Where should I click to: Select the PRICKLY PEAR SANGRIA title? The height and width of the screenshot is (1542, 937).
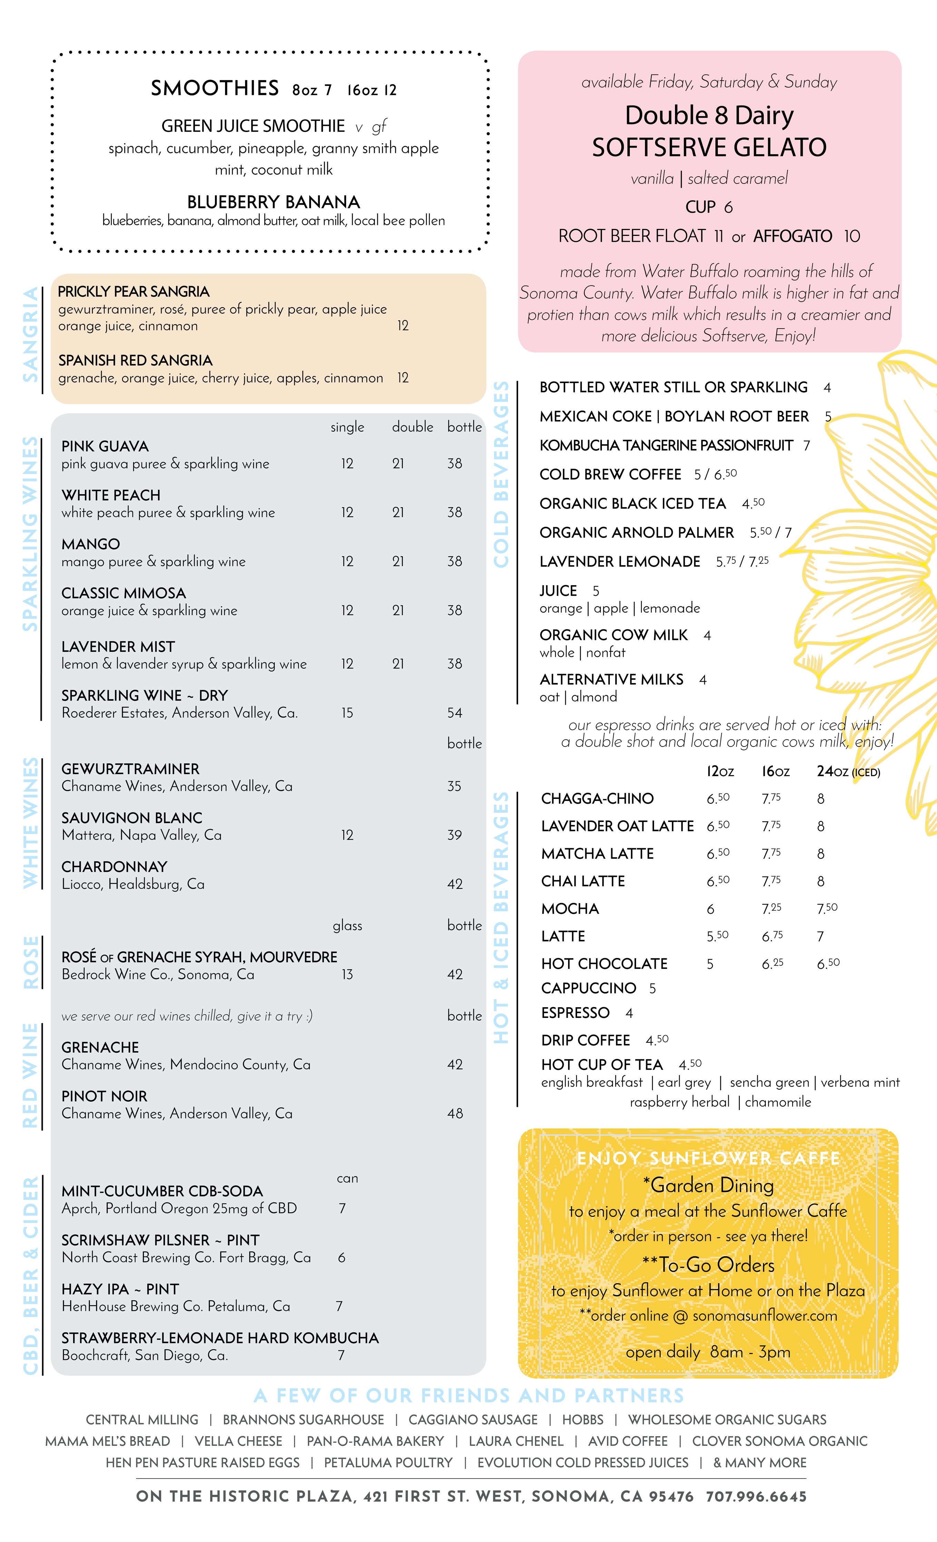point(134,292)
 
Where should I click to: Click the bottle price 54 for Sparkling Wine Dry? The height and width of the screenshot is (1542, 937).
point(455,713)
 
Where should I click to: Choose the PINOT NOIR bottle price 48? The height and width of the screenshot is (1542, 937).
point(455,1113)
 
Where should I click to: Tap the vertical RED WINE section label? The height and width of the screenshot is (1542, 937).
point(30,1075)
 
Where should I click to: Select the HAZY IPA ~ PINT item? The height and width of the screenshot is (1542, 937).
point(120,1289)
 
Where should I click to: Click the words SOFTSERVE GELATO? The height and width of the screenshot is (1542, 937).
point(709,148)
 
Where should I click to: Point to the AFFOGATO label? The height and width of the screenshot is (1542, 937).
point(792,237)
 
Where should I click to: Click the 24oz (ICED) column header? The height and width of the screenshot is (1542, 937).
point(848,772)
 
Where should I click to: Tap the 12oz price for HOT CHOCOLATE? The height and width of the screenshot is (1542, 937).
point(710,964)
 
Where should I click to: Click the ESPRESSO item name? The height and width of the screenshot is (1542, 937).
point(575,1013)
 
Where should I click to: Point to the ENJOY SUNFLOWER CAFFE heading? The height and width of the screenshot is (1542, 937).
point(709,1158)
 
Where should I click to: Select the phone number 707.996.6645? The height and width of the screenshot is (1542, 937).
point(756,1496)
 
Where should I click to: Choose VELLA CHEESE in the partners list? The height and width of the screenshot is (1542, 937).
point(238,1441)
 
